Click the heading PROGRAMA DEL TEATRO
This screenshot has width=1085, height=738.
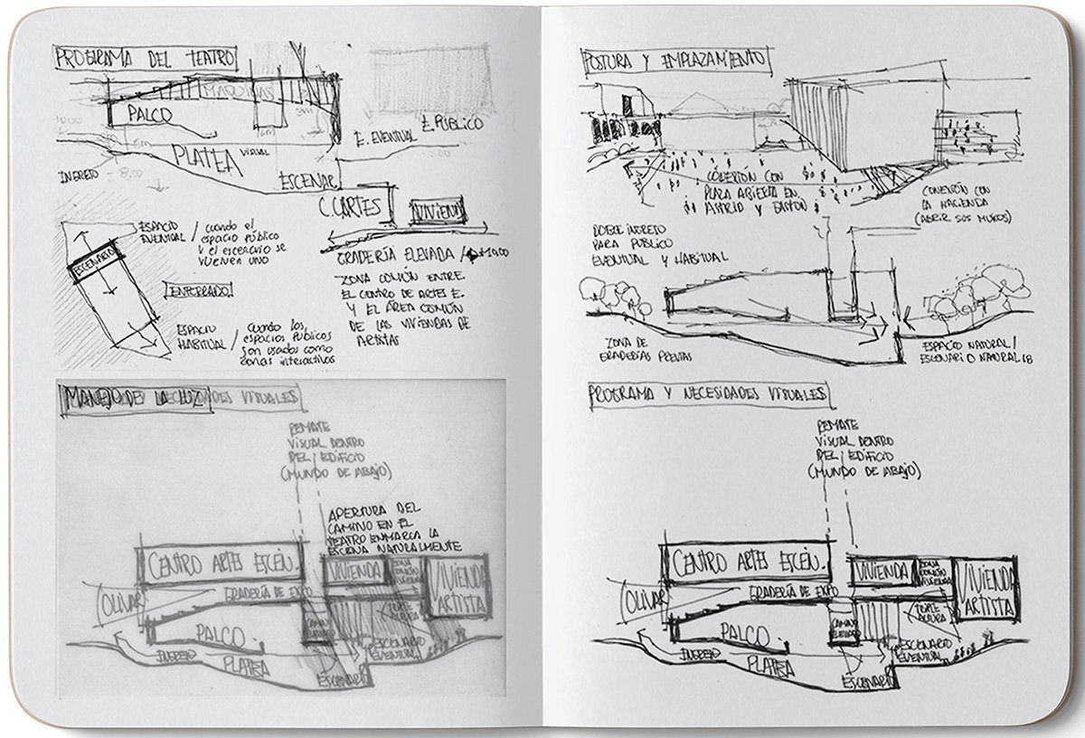click(x=145, y=59)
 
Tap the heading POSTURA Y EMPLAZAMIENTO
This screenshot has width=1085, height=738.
click(x=674, y=60)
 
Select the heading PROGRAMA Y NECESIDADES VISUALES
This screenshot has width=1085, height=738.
click(x=705, y=395)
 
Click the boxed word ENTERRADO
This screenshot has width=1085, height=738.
click(x=199, y=290)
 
